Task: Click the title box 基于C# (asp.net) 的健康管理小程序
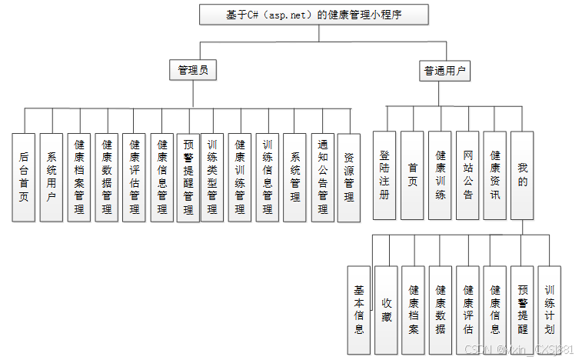(x=314, y=15)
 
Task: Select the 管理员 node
(x=192, y=71)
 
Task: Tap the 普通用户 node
(x=445, y=72)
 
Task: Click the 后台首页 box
(x=24, y=177)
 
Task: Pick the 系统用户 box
(x=52, y=177)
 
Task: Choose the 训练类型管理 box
(x=212, y=177)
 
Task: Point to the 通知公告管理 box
(x=322, y=177)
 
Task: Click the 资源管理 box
(x=349, y=177)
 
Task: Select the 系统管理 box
(x=294, y=177)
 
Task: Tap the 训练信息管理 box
(x=267, y=177)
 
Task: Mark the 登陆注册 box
(x=384, y=175)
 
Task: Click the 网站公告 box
(x=467, y=175)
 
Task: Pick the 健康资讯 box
(x=495, y=175)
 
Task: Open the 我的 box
(x=523, y=175)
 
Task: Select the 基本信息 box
(x=358, y=309)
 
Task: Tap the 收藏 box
(x=386, y=309)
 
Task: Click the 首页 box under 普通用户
(x=412, y=175)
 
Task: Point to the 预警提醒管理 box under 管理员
(x=188, y=177)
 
